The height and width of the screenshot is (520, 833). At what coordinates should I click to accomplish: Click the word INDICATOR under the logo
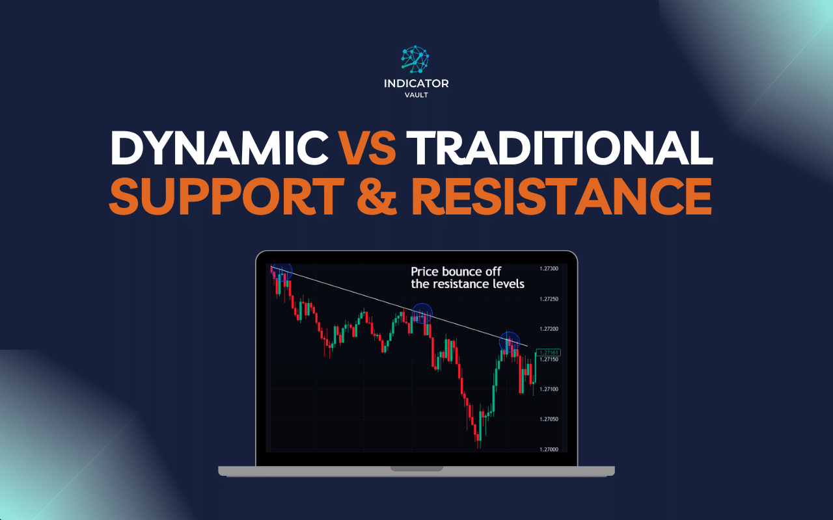pos(416,83)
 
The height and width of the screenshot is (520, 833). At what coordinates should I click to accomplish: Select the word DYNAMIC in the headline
pos(219,148)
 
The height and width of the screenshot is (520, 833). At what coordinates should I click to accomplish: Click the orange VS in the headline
pos(368,148)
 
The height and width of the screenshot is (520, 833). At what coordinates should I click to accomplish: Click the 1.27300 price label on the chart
pos(550,268)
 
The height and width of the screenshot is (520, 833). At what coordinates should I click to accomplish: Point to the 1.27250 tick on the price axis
pos(550,299)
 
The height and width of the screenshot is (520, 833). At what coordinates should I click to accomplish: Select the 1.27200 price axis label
pos(550,330)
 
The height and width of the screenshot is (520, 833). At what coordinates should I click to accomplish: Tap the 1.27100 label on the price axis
pos(550,389)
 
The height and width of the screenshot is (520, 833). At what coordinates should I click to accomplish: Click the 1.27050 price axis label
pos(550,419)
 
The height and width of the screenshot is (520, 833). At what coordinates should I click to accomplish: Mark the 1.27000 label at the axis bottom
pos(550,449)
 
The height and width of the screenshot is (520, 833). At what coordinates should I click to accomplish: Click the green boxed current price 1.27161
pos(550,352)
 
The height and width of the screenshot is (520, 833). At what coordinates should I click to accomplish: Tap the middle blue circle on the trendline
pos(423,314)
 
